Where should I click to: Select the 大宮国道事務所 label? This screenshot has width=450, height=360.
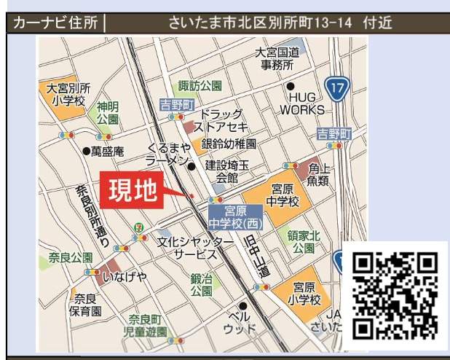[277, 58]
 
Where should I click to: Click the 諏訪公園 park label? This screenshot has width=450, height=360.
[200, 86]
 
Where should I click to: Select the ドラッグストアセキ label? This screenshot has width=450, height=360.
[221, 121]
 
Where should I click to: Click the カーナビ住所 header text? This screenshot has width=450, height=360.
[54, 22]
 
